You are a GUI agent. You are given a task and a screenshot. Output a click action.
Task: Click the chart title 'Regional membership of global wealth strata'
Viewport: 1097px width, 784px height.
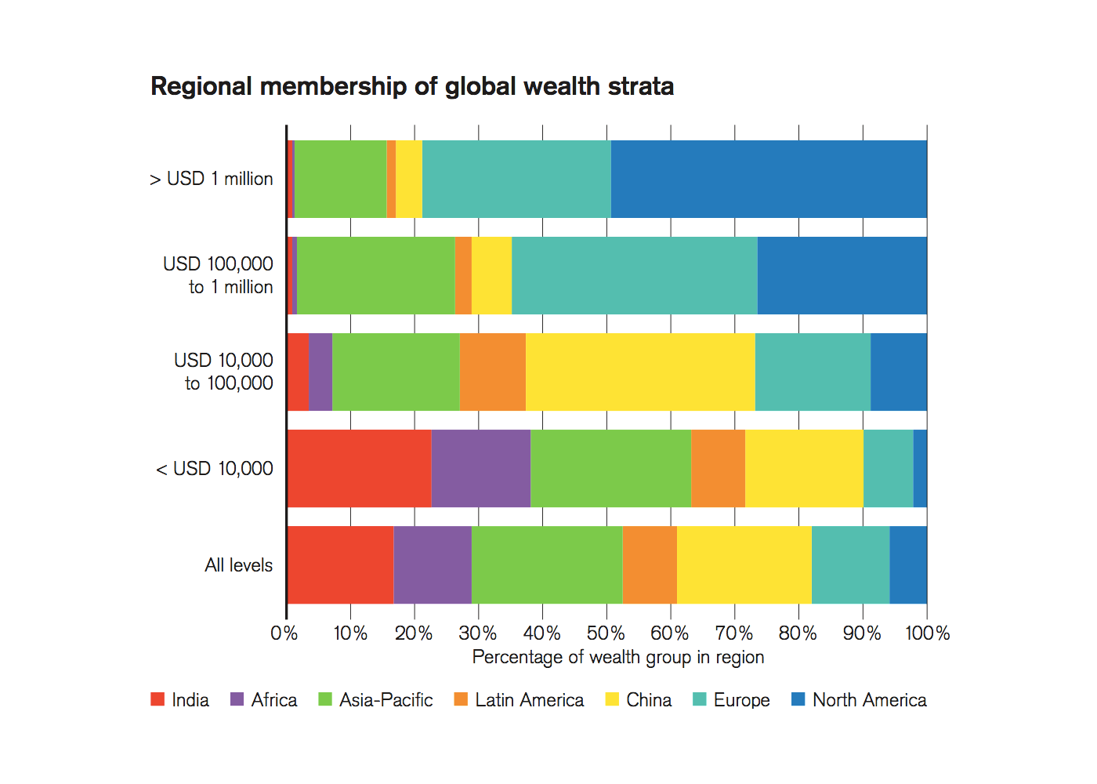pos(412,86)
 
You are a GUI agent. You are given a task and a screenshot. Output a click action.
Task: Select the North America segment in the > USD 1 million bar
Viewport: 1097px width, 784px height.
pos(769,179)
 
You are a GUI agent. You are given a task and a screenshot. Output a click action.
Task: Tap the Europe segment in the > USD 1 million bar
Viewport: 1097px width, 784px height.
pos(516,179)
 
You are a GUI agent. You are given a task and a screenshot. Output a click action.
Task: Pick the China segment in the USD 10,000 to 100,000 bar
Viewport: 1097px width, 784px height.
pos(640,372)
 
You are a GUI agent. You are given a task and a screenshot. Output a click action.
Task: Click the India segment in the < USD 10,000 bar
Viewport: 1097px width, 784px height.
pos(359,468)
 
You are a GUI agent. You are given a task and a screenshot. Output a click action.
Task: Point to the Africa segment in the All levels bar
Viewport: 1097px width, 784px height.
pos(433,564)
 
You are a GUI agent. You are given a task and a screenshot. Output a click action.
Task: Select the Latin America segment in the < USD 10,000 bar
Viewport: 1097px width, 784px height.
pos(718,468)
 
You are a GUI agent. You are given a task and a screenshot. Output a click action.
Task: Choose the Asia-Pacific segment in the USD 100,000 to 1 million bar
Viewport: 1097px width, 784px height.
pos(376,275)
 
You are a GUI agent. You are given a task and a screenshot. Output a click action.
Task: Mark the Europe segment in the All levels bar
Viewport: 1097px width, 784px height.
pos(850,564)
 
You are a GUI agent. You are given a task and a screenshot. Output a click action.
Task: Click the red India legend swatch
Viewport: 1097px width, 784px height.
pos(157,699)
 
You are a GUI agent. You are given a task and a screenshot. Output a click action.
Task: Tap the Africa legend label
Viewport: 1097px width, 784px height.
pos(274,700)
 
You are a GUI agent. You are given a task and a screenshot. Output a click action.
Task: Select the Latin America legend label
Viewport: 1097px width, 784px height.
pos(529,700)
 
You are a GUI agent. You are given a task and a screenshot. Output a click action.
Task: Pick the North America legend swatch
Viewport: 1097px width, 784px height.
pos(798,699)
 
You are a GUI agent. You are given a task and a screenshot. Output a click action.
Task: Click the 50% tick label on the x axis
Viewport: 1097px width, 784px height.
pos(606,633)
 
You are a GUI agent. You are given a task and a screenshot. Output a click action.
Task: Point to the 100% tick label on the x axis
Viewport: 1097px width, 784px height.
pos(927,633)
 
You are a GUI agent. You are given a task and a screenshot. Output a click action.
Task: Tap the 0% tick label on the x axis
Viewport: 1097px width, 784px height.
pos(284,633)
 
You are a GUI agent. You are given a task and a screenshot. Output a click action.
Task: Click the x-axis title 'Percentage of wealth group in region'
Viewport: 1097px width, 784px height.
pos(617,657)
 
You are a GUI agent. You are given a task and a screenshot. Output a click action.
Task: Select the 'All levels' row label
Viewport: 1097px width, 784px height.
pos(238,565)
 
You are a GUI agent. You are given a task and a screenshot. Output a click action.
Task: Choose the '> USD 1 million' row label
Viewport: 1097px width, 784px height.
pos(212,179)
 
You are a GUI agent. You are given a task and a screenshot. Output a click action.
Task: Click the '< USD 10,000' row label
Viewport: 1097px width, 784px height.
pos(215,469)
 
